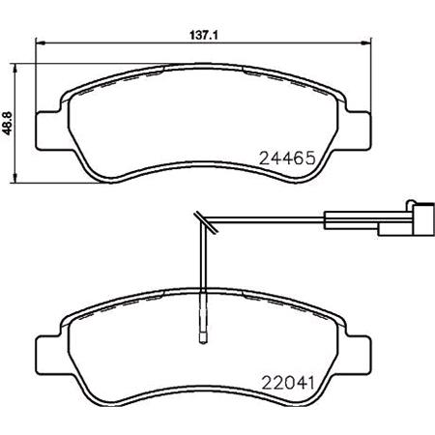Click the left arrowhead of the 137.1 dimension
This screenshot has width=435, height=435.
tap(39, 41)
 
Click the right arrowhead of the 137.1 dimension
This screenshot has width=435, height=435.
tap(368, 41)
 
